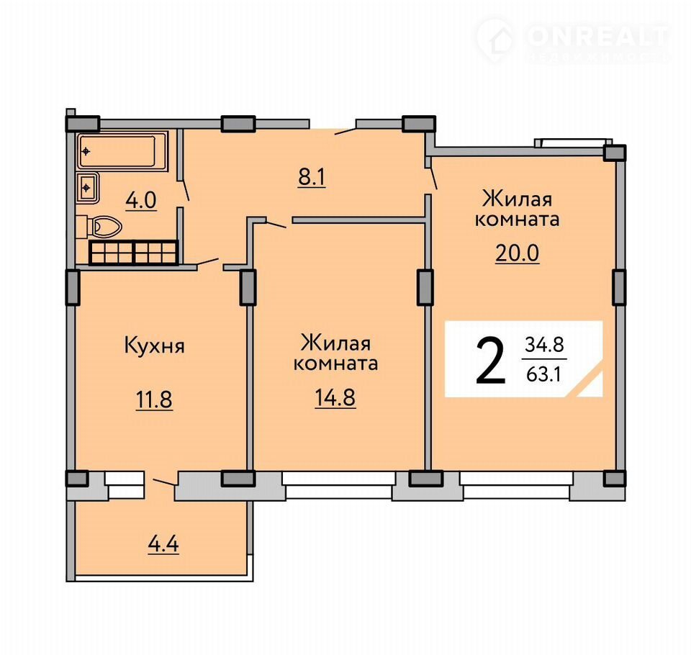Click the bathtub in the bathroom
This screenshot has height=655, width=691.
123,151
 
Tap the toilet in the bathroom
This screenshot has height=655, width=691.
104,227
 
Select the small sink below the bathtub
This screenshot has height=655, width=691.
87,188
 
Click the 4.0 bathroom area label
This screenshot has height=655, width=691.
141,201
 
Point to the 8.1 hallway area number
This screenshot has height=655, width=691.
312,178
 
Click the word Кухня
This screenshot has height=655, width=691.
154,346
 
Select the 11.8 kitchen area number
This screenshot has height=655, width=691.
154,400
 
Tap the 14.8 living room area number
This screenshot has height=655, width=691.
335,398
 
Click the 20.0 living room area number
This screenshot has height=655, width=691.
518,253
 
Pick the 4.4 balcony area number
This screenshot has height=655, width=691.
163,544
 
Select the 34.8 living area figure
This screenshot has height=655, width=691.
545,345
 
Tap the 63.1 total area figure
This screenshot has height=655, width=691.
544,375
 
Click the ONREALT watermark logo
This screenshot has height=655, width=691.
574,40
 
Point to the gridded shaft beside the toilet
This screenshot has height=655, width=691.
134,252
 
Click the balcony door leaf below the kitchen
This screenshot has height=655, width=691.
163,482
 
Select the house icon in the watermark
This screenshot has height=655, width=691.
496,40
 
